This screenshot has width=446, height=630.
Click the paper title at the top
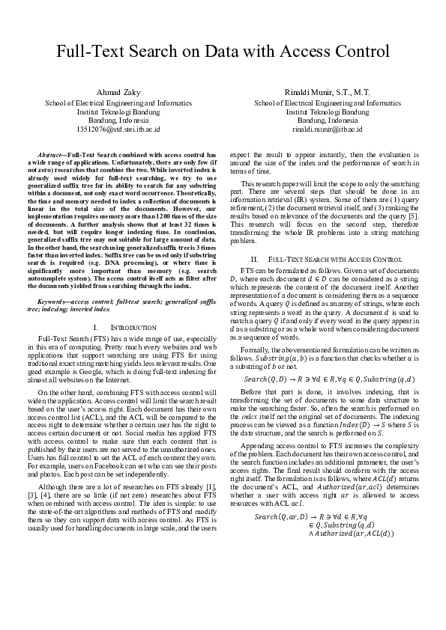point(223,52)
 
